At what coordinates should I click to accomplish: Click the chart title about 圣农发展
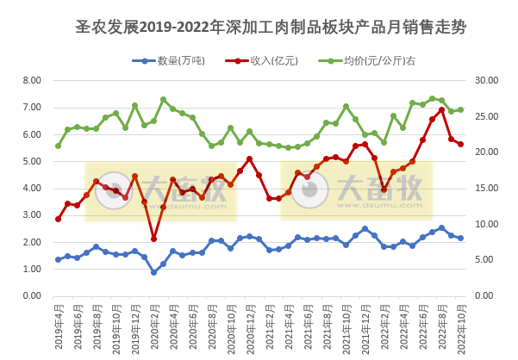click(x=271, y=27)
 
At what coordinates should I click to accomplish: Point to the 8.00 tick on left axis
click(x=32, y=80)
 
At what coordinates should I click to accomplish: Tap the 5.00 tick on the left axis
click(x=32, y=161)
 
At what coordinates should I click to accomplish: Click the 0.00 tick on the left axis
click(x=32, y=295)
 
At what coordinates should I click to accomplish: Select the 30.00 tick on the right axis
click(x=487, y=80)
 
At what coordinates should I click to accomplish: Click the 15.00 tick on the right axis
click(x=487, y=188)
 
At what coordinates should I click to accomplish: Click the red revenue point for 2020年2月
click(x=153, y=239)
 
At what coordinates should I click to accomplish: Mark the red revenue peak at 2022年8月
click(x=441, y=109)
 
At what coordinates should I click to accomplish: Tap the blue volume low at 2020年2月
click(x=153, y=272)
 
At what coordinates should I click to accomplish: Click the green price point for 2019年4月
click(x=58, y=146)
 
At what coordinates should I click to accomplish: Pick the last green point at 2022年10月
click(x=460, y=109)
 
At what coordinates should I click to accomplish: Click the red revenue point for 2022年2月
click(x=384, y=189)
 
